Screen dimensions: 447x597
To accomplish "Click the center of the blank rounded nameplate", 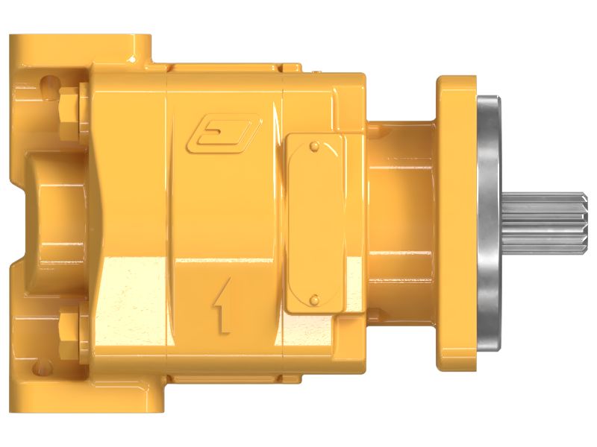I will (x=315, y=222).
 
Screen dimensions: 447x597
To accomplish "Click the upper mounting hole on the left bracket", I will (x=49, y=80).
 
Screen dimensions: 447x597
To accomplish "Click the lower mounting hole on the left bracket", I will (x=49, y=365).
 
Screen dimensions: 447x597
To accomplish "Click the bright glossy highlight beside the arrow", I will (x=134, y=298).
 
